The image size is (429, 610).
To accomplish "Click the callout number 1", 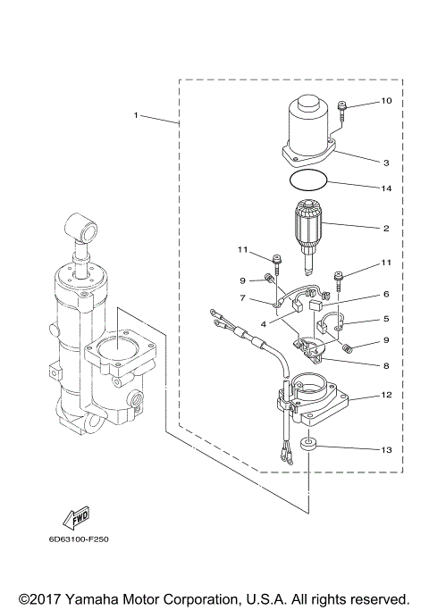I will tap(136, 115).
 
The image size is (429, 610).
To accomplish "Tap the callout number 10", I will tap(386, 101).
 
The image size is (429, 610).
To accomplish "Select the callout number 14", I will tap(386, 189).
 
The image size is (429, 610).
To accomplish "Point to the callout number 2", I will tap(386, 229).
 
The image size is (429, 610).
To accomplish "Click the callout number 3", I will tap(386, 163).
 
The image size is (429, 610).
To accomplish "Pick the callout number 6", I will tap(386, 294).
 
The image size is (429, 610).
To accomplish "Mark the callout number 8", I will tap(386, 364).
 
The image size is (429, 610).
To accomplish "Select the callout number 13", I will tap(386, 450).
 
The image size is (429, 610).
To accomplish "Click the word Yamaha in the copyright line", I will tap(98, 598).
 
